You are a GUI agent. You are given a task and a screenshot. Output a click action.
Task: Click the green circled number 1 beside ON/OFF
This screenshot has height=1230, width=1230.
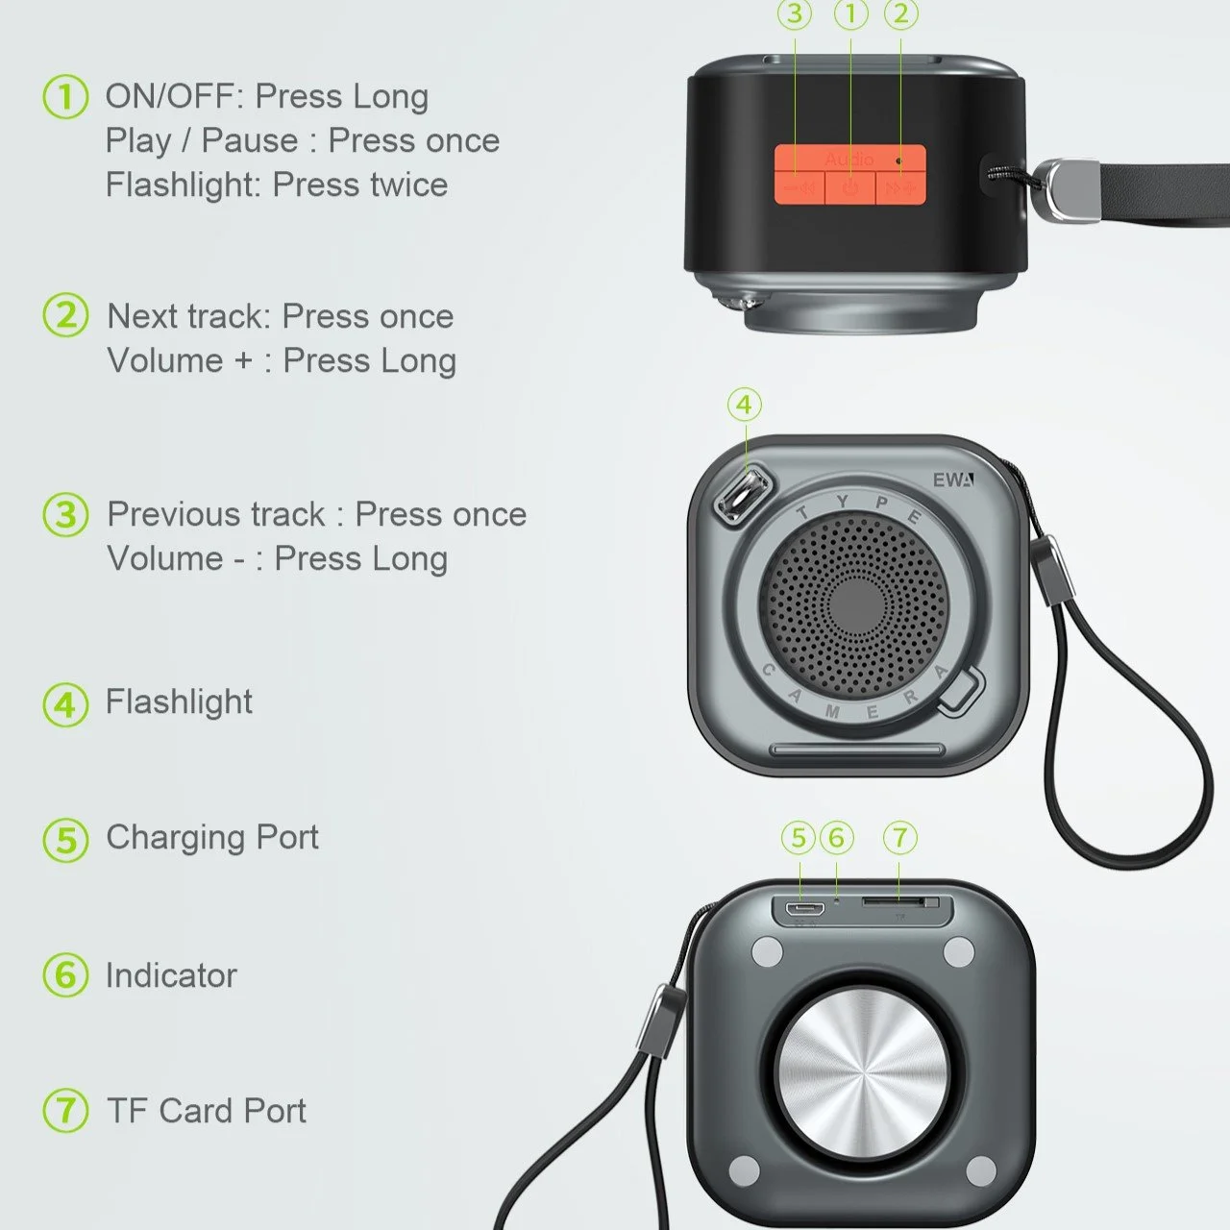[x=65, y=97]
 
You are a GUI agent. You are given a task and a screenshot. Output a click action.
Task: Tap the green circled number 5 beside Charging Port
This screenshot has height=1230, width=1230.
[x=65, y=839]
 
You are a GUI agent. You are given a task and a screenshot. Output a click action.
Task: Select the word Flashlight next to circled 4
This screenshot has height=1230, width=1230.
[x=179, y=702]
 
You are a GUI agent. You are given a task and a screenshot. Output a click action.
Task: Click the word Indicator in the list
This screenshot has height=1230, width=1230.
[x=171, y=974]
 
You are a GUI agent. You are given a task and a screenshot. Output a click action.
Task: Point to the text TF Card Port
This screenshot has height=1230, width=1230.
[x=207, y=1111]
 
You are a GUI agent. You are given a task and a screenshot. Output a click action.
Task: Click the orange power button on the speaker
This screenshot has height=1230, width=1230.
[x=849, y=188]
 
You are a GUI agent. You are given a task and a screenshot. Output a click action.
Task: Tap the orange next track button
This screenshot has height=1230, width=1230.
[x=900, y=188]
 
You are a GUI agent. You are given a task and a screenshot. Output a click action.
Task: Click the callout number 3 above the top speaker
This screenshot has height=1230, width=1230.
[x=795, y=14]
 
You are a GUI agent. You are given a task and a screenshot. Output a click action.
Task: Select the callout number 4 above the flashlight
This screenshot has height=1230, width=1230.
[x=745, y=405]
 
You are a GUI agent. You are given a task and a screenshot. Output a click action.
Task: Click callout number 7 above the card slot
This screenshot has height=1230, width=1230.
[x=900, y=838]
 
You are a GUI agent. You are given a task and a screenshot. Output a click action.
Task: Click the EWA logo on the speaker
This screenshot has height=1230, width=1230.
[x=953, y=480]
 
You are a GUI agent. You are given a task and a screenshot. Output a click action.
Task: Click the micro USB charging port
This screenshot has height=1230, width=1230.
[x=804, y=908]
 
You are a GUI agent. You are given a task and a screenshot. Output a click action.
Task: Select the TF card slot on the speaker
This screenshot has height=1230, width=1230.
[x=894, y=902]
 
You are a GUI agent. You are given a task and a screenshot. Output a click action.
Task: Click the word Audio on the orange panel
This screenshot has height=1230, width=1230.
[x=849, y=159]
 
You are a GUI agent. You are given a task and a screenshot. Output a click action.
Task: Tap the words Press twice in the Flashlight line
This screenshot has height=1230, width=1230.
[x=360, y=185]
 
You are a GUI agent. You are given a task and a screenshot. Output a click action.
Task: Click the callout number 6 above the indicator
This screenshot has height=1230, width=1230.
[x=837, y=838]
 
